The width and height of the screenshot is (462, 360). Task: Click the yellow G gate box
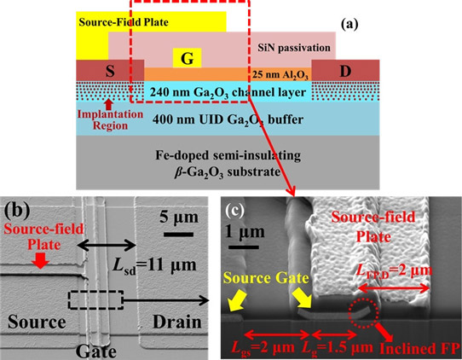(187, 58)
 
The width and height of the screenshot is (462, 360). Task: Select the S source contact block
(110, 71)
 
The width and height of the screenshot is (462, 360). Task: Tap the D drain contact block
(345, 70)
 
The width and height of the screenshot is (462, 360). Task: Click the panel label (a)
(349, 25)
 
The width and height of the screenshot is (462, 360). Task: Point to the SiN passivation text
(294, 48)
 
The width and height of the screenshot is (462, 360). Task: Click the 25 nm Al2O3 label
(280, 75)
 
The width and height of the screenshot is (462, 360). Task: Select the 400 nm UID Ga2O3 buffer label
(228, 119)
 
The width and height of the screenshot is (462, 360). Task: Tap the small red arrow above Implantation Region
(109, 104)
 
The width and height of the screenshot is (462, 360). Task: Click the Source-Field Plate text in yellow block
(124, 22)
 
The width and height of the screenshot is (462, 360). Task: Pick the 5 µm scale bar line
(178, 235)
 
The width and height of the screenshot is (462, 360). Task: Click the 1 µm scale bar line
(244, 247)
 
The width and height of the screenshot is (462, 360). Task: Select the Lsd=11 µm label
(154, 265)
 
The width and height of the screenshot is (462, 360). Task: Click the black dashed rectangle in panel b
(95, 300)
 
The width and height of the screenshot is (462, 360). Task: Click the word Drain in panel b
(177, 322)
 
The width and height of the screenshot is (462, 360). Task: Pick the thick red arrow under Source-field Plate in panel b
(40, 261)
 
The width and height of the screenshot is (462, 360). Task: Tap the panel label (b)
(17, 211)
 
